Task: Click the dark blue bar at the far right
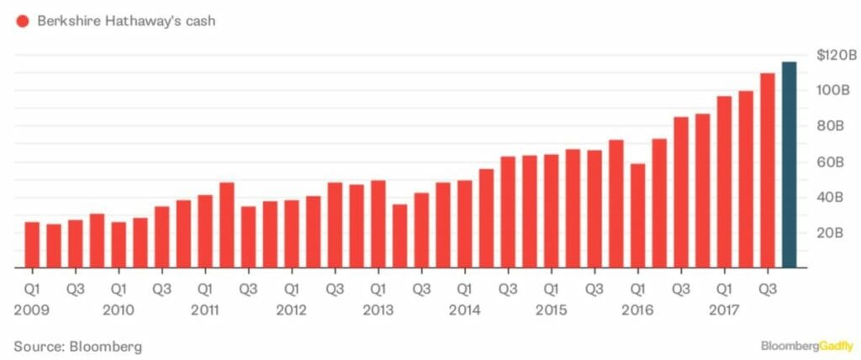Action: [x=789, y=165]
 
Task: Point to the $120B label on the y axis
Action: [x=836, y=56]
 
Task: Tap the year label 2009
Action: [x=32, y=310]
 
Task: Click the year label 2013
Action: [x=378, y=310]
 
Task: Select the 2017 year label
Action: [x=723, y=310]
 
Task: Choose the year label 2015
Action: [x=551, y=310]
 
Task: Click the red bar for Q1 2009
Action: [x=32, y=245]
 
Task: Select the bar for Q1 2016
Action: [x=637, y=216]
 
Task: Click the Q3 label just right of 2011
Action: [x=248, y=289]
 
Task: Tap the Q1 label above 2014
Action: [x=464, y=289]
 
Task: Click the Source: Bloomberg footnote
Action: [x=77, y=346]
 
